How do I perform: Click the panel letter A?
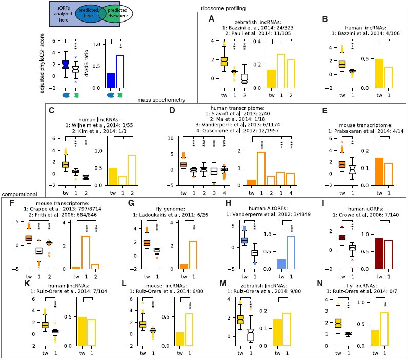pyautogui.click(x=212, y=19)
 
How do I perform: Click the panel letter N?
pyautogui.click(x=320, y=283)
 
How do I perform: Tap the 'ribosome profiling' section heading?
pyautogui.click(x=223, y=8)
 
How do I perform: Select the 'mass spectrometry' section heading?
pyautogui.click(x=161, y=100)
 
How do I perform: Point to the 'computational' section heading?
pyautogui.click(x=19, y=194)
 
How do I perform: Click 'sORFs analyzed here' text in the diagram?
pyautogui.click(x=63, y=14)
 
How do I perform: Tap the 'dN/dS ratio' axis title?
pyautogui.click(x=87, y=63)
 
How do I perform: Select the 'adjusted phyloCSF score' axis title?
pyautogui.click(x=42, y=63)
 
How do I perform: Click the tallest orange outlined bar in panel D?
pyautogui.click(x=261, y=168)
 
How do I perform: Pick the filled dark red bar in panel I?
pyautogui.click(x=379, y=253)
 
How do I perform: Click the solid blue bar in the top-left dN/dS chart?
pyautogui.click(x=111, y=80)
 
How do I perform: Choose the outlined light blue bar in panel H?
pyautogui.click(x=291, y=252)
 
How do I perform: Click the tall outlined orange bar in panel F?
pyautogui.click(x=86, y=252)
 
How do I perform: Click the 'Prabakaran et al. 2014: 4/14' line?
pyautogui.click(x=365, y=131)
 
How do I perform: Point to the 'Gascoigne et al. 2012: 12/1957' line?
pyautogui.click(x=237, y=131)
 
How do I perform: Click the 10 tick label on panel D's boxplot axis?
pyautogui.click(x=171, y=138)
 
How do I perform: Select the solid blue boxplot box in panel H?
pyautogui.click(x=244, y=241)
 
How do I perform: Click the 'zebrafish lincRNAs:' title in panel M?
pyautogui.click(x=264, y=286)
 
